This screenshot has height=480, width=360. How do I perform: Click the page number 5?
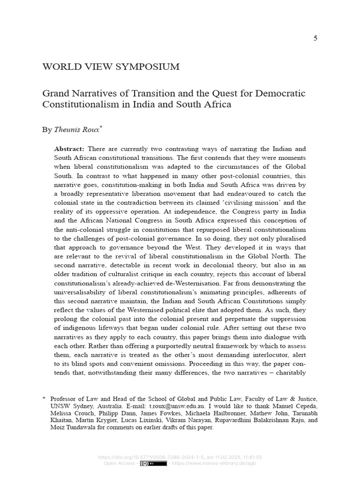(315, 38)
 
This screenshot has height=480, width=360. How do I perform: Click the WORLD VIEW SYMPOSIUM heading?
(111, 67)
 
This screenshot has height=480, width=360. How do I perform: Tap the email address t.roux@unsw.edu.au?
(176, 406)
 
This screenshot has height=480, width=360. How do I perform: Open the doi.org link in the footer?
(150, 457)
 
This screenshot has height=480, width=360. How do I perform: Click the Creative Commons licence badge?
(153, 464)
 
